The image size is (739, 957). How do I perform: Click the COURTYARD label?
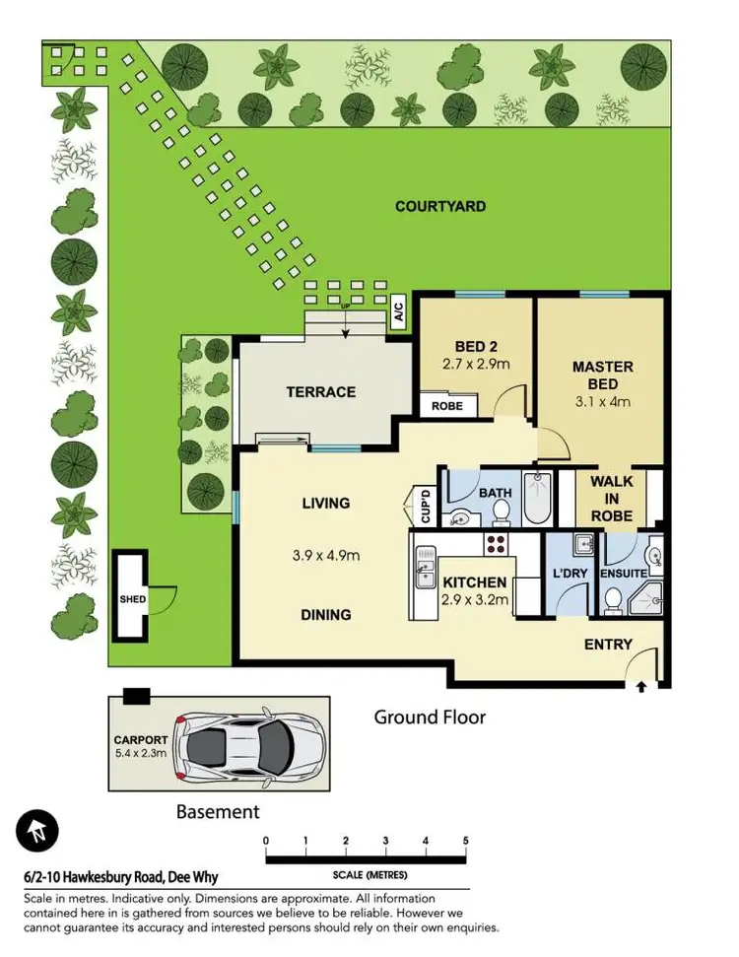point(439,206)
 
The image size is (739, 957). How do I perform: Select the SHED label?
point(132,596)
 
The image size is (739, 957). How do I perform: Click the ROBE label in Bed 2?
point(446,405)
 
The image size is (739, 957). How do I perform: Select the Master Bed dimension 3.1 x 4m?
point(602,401)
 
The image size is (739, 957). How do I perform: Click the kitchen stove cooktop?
point(495,544)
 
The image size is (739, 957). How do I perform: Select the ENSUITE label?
point(623,573)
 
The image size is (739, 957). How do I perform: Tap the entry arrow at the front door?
point(642,686)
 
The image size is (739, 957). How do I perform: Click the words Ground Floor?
point(430,717)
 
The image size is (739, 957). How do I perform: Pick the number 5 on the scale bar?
point(465,840)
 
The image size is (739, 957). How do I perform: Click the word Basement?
point(218,812)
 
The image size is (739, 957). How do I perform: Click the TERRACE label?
point(320,391)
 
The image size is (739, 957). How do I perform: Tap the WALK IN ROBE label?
point(611,498)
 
